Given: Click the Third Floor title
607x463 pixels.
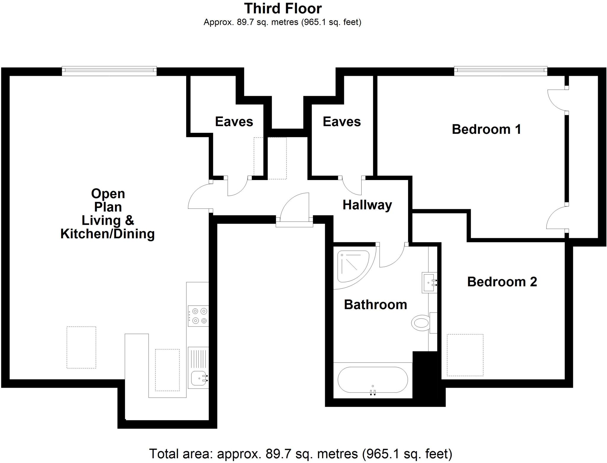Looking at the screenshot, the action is click(283, 9).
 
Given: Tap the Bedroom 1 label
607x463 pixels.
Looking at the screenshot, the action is click(486, 129).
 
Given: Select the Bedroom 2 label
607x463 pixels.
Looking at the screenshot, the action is click(502, 282).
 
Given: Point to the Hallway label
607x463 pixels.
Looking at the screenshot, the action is click(367, 205).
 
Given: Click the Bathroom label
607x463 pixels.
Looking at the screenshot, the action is click(376, 305).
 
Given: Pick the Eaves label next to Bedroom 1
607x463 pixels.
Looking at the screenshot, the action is click(342, 122).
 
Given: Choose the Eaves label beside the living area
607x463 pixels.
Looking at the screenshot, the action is click(234, 122).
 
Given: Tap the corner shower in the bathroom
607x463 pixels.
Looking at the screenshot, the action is click(353, 267).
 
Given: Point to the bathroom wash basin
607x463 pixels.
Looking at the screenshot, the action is click(429, 283).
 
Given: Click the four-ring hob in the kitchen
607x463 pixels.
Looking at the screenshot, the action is click(198, 316).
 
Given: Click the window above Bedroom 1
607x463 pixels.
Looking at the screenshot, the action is click(501, 70).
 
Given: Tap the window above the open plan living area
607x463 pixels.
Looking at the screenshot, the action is click(109, 70).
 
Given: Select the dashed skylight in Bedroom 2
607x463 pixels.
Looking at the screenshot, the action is click(465, 355).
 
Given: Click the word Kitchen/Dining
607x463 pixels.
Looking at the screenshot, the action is click(108, 234).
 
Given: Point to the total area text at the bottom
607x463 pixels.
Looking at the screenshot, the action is click(301, 454).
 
